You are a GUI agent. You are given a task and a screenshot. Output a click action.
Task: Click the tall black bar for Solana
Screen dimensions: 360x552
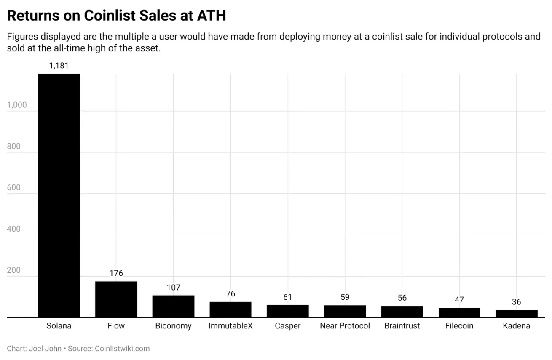59,196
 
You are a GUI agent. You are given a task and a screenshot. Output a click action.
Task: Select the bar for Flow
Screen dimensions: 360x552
116,299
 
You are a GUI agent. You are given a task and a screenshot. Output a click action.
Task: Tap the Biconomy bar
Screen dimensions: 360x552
173,306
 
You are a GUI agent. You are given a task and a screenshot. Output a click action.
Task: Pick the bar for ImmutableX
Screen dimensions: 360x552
230,309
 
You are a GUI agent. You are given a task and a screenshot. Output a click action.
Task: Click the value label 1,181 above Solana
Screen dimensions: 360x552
59,66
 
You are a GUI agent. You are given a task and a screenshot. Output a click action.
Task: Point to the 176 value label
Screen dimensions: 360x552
116,273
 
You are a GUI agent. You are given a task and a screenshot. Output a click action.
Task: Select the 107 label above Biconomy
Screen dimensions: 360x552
173,288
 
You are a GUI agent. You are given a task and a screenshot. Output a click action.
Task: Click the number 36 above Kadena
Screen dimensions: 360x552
516,302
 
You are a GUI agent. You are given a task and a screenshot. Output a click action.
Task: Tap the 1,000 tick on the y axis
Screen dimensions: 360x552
17,105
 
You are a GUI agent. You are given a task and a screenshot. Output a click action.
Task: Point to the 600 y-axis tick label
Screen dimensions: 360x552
14,188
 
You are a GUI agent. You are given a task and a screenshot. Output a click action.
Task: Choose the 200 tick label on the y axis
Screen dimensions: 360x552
14,270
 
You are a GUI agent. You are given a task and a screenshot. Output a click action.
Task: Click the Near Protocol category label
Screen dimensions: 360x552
345,326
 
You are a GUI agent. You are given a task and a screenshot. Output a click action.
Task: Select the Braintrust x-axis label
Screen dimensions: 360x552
402,326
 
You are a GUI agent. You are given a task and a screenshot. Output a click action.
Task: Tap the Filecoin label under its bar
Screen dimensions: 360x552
459,326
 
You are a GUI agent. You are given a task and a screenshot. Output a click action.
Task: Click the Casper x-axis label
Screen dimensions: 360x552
287,326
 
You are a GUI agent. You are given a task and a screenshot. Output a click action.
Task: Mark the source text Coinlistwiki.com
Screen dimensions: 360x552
122,349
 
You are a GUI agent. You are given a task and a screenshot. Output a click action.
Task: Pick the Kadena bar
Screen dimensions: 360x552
516,314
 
